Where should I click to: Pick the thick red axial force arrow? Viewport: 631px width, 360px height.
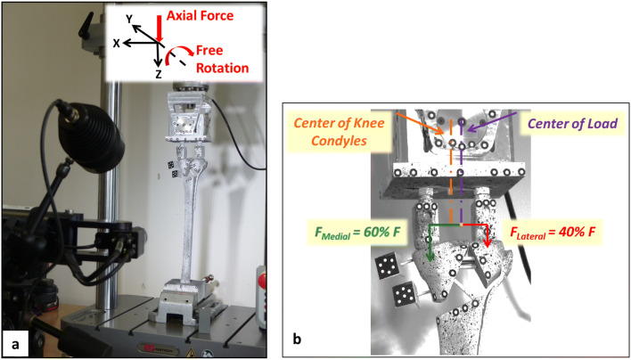tap(158, 27)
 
